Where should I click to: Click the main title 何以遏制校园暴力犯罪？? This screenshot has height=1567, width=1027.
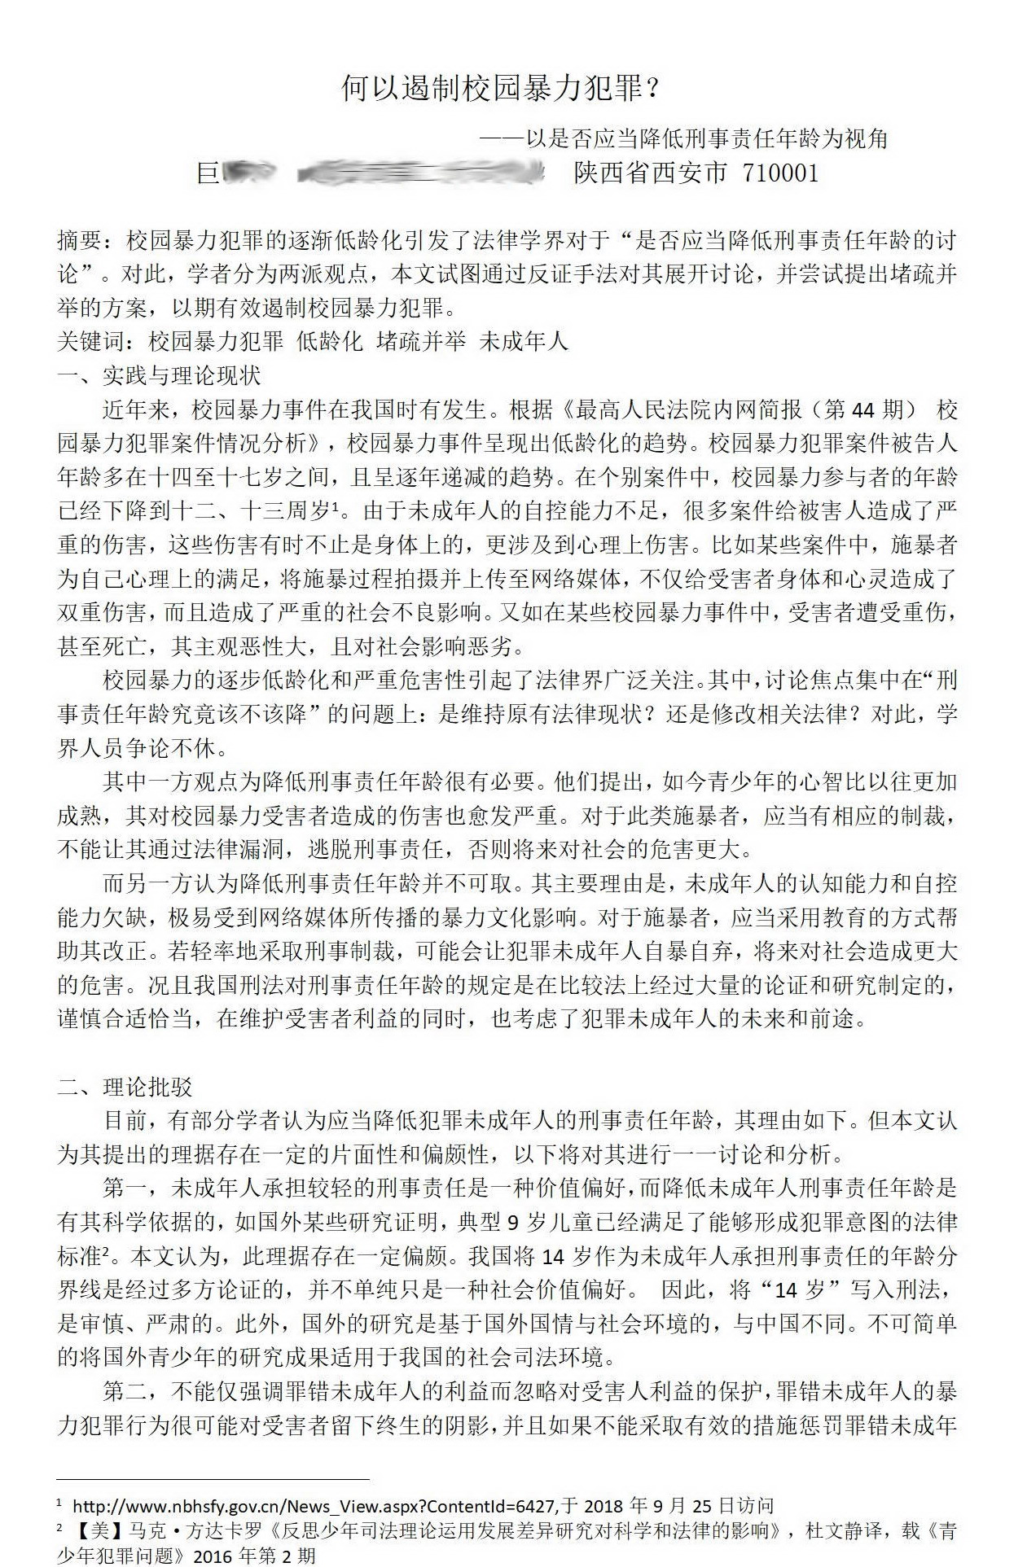click(500, 88)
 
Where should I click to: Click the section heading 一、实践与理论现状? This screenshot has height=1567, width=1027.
click(159, 376)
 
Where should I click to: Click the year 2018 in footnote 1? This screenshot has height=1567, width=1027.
click(606, 1506)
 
